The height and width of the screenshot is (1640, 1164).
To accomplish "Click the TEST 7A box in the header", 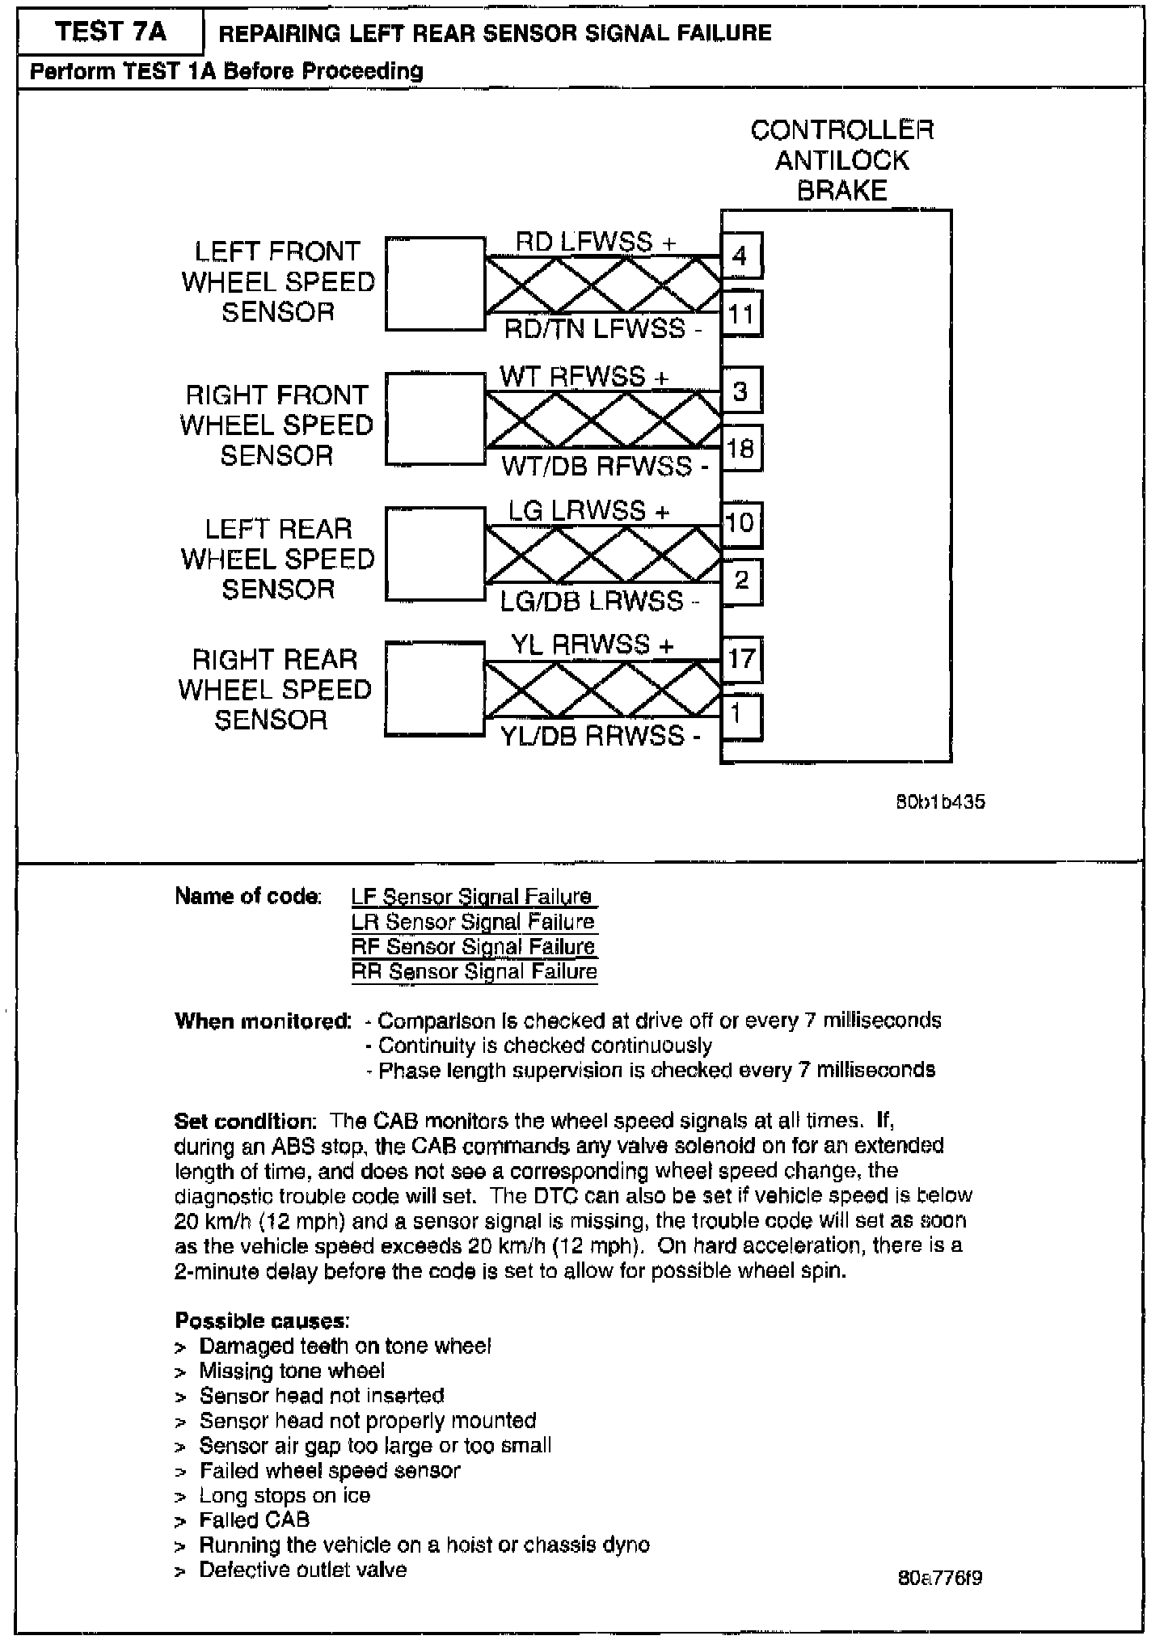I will [x=110, y=32].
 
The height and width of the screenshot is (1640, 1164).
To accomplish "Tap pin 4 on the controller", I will [x=740, y=256].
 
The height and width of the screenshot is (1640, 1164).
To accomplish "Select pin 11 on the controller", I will [x=740, y=314].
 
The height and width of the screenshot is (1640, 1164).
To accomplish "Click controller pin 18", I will [x=740, y=448].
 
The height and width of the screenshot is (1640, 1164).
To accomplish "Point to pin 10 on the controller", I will [x=740, y=524].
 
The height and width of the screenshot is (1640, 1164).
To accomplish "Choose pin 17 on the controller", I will [x=740, y=660].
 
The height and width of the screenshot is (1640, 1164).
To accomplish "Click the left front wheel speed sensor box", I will [x=435, y=284].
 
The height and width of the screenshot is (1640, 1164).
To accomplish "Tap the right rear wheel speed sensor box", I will [x=435, y=688].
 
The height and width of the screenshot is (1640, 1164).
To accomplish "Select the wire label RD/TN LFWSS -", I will [x=603, y=330].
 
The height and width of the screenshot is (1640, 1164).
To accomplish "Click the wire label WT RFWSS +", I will [x=584, y=377].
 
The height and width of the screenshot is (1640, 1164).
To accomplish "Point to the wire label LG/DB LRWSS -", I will [x=599, y=601].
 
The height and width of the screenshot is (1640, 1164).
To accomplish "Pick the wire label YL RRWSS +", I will [x=592, y=645].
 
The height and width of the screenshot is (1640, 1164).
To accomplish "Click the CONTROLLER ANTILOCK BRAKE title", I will [x=841, y=160].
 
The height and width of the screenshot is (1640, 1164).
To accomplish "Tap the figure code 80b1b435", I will [x=940, y=802].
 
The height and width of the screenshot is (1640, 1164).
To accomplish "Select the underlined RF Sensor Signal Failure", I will [x=474, y=947].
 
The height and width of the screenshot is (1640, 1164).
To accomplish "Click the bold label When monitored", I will [x=263, y=1021].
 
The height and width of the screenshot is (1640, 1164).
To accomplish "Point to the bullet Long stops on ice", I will [x=285, y=1495].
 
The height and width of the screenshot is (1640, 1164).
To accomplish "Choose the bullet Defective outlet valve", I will [x=303, y=1570].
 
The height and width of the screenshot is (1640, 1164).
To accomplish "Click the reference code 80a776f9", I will [x=940, y=1578].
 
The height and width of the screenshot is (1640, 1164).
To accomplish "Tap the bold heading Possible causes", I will [x=262, y=1321].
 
